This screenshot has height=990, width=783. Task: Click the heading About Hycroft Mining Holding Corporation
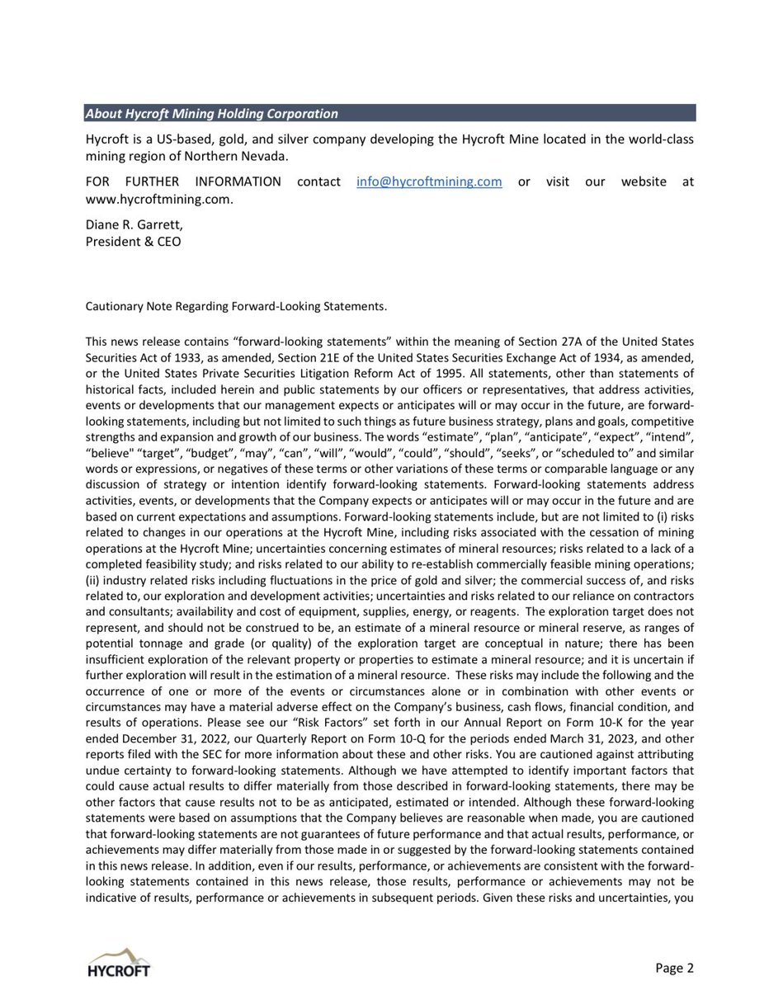pyautogui.click(x=212, y=114)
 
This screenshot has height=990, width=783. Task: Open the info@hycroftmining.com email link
pyautogui.click(x=429, y=181)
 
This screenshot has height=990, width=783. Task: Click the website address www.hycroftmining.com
pyautogui.click(x=153, y=199)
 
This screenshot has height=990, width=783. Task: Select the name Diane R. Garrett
pyautogui.click(x=130, y=226)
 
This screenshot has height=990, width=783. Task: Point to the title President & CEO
pyautogui.click(x=133, y=242)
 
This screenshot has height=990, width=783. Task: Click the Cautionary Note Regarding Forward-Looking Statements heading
pyautogui.click(x=236, y=307)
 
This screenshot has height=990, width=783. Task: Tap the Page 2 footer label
pyautogui.click(x=675, y=968)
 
